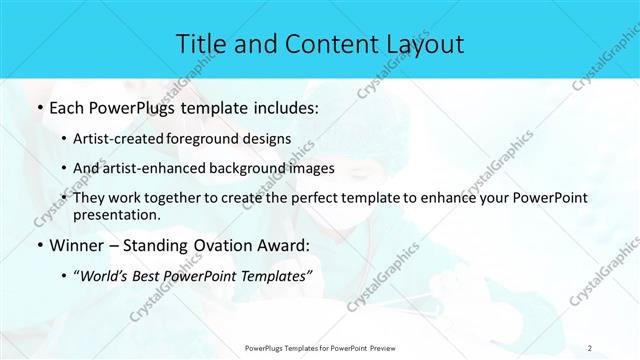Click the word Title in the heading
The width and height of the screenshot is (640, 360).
pyautogui.click(x=200, y=43)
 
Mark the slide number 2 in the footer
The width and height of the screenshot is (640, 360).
pyautogui.click(x=590, y=347)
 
